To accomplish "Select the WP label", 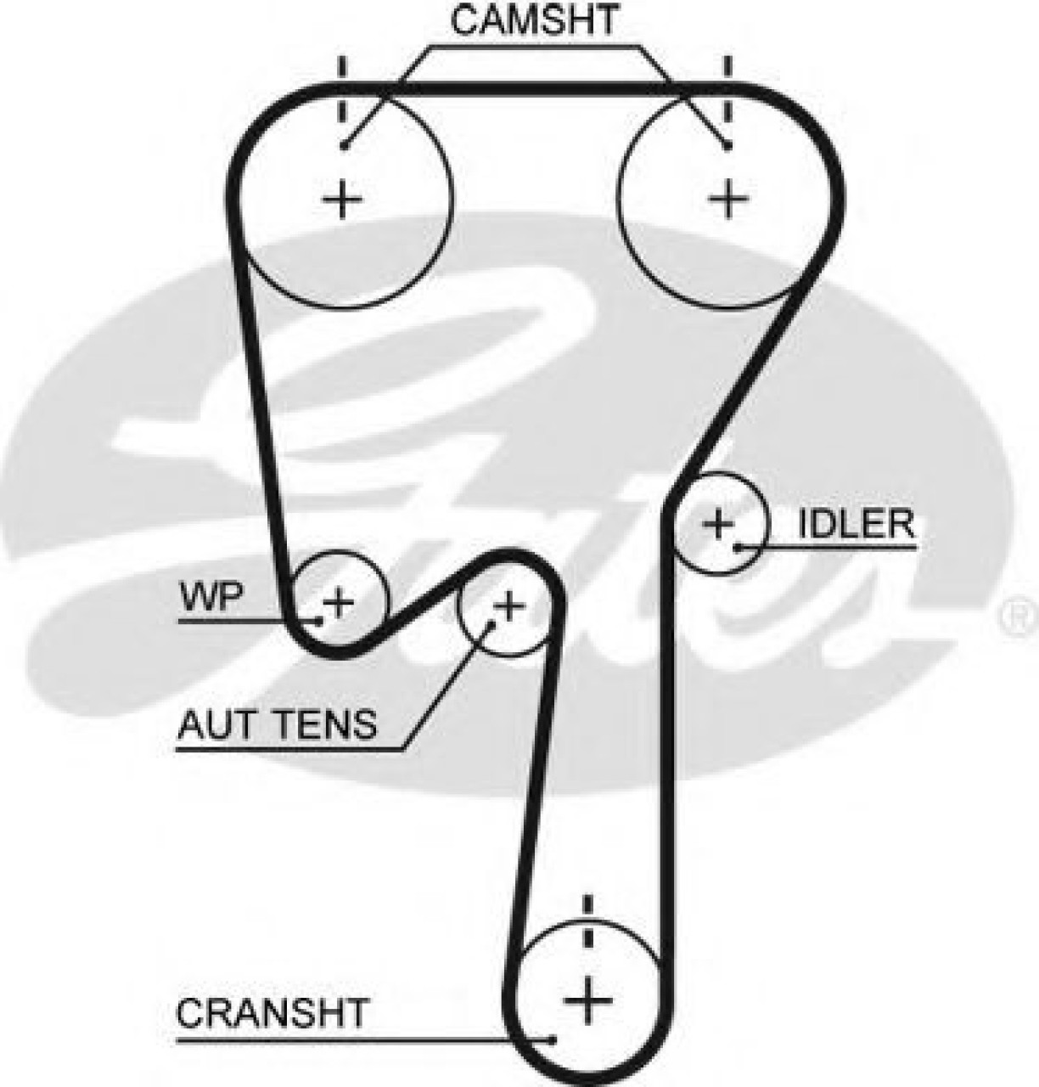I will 210,598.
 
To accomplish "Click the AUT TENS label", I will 276,725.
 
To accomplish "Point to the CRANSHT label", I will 272,1012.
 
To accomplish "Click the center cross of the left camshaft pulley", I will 344,200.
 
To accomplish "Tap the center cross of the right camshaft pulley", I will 727,200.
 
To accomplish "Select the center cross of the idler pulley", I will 718,523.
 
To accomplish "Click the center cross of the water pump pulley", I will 339,602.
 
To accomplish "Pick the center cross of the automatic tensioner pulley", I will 509,606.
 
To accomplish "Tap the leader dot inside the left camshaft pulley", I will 344,146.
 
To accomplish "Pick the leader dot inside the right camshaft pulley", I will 727,146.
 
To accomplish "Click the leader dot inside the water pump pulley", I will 320,621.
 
